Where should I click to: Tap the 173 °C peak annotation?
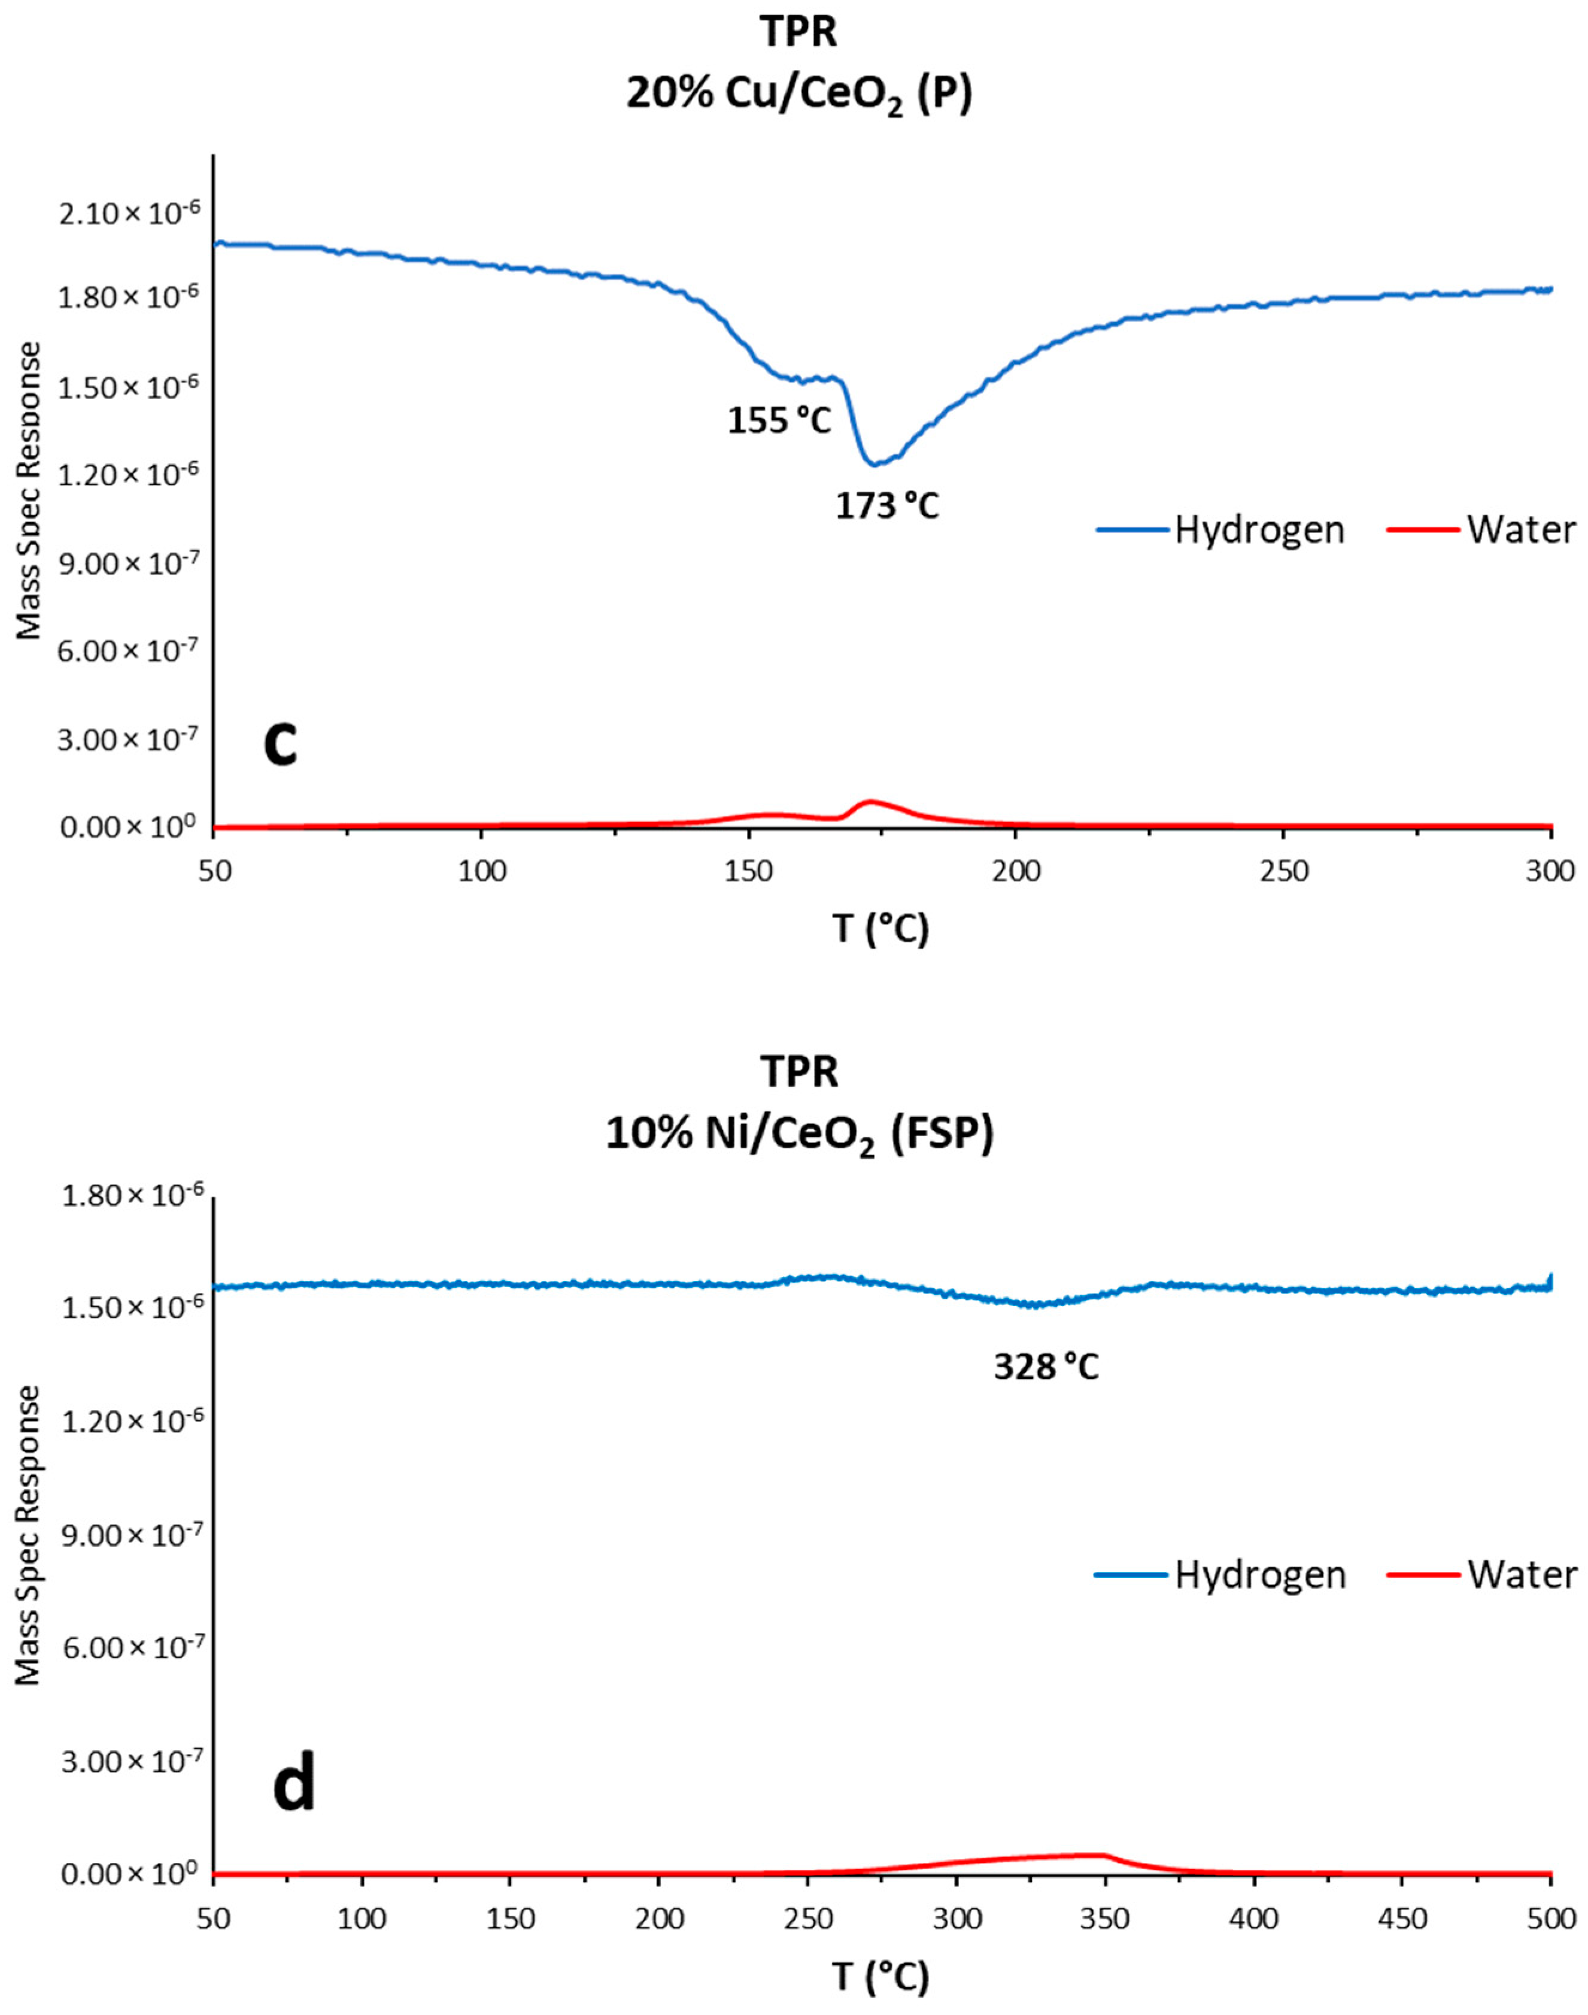tap(887, 507)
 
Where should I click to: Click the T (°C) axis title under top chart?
tap(879, 929)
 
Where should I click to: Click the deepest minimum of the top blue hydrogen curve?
tap(873, 463)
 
